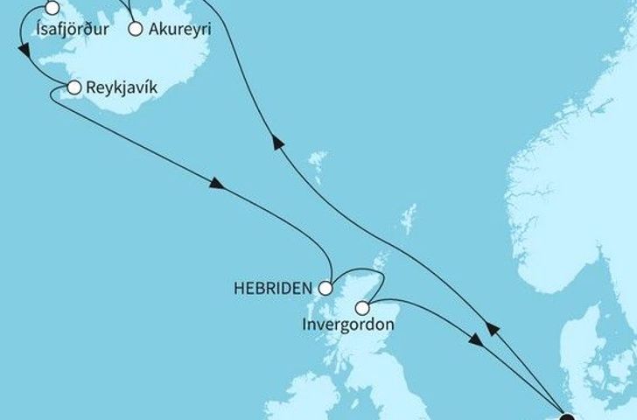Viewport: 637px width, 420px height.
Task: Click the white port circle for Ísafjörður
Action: (52, 9)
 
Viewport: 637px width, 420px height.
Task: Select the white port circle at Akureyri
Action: (135, 28)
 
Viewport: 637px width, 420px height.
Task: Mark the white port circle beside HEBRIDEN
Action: (325, 287)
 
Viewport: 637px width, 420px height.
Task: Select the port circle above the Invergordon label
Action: (362, 307)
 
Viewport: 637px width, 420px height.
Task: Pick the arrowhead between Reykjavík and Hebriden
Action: (216, 185)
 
